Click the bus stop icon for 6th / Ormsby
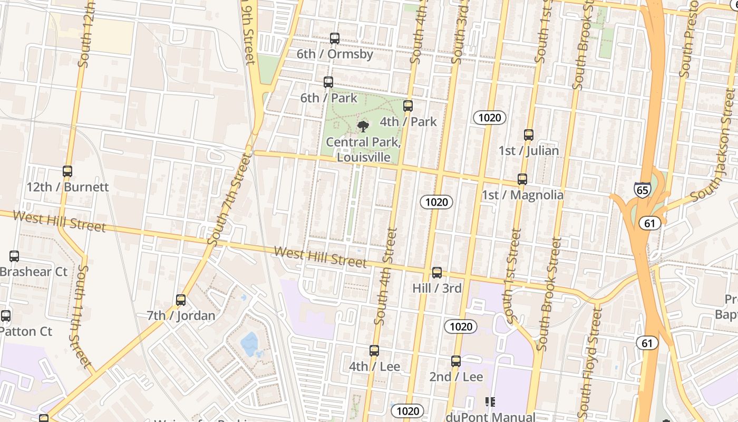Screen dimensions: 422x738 click(x=334, y=39)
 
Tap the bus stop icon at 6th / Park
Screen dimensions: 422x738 click(x=328, y=82)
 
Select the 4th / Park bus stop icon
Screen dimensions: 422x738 click(x=408, y=106)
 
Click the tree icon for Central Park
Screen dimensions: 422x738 click(x=363, y=126)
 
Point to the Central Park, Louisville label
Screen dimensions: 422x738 click(x=364, y=150)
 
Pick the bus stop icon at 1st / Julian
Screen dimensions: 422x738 click(x=529, y=135)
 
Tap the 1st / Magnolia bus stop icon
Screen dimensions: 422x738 click(x=522, y=179)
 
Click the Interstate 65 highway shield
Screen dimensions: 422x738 click(x=642, y=190)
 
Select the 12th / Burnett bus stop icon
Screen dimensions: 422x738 click(x=67, y=171)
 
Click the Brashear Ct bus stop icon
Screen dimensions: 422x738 click(x=14, y=256)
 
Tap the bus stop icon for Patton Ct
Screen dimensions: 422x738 click(x=6, y=316)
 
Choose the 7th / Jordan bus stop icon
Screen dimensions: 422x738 click(x=181, y=300)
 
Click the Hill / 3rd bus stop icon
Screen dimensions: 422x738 click(x=437, y=273)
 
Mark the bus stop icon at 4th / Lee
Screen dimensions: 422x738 click(x=374, y=351)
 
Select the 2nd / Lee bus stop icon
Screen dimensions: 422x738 click(x=456, y=361)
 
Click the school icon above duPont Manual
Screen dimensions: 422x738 click(x=490, y=402)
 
